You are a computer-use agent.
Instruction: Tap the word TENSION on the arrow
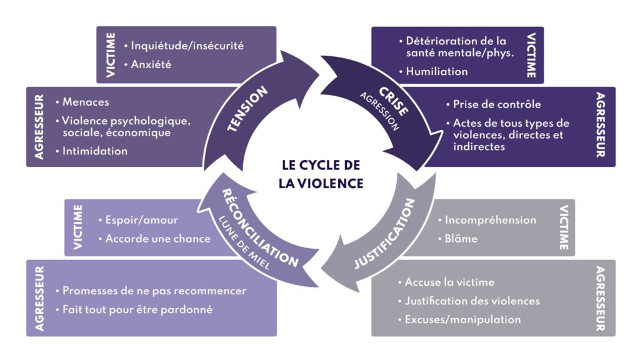[x=247, y=109]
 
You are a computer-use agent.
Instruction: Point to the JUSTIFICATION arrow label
[x=384, y=234]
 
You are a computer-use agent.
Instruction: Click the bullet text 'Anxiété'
[x=151, y=64]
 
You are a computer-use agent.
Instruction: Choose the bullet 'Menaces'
[x=85, y=102]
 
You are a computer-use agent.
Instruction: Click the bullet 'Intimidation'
[x=94, y=151]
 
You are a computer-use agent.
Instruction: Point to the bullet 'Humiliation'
[x=436, y=71]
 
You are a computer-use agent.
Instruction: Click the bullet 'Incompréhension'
[x=490, y=220]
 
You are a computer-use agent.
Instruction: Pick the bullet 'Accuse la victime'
[x=449, y=282]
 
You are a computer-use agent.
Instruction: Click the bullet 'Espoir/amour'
[x=141, y=220]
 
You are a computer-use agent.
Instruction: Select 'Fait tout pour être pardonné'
[x=137, y=309]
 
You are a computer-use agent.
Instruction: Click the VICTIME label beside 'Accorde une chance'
[x=78, y=227]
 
